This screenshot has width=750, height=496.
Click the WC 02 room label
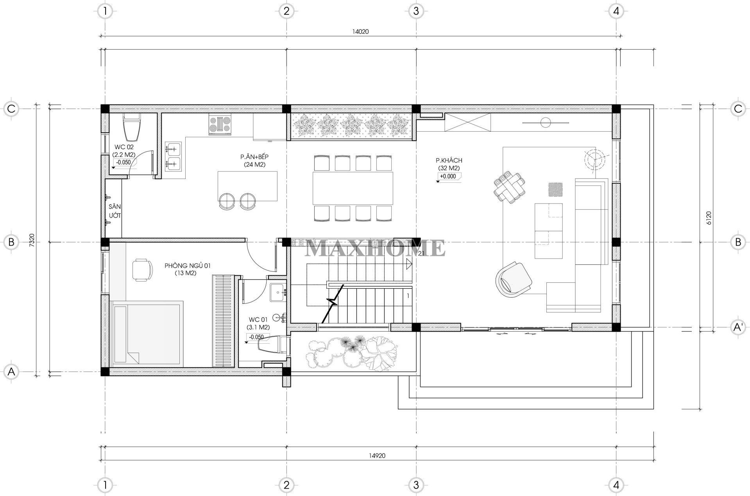click(124, 147)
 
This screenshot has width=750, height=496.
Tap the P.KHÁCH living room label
click(449, 160)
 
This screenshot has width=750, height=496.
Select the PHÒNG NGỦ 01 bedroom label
click(188, 266)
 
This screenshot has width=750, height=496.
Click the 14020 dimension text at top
click(360, 32)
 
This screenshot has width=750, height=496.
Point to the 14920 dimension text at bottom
click(377, 455)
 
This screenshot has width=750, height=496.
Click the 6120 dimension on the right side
click(709, 218)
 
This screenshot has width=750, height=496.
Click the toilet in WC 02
click(132, 127)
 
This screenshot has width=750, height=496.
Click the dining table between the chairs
click(353, 188)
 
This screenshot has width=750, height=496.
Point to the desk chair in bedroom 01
click(142, 270)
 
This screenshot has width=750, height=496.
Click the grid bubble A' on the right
click(738, 327)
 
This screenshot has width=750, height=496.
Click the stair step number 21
click(421, 253)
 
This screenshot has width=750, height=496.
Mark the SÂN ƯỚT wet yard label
click(115, 211)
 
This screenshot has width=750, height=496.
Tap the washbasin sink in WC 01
click(278, 292)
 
